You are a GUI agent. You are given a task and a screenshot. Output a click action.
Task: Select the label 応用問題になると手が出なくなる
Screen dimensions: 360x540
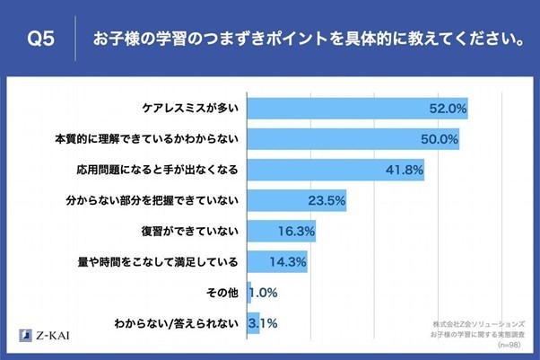pyautogui.click(x=156, y=170)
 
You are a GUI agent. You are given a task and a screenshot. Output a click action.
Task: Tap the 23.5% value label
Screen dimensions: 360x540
pyautogui.click(x=327, y=200)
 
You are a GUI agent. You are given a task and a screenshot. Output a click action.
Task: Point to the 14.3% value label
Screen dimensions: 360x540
pyautogui.click(x=288, y=261)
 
